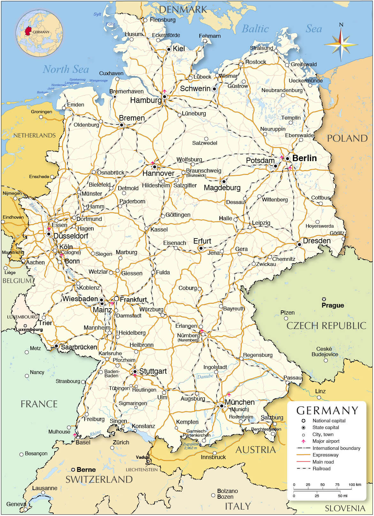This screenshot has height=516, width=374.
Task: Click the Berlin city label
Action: tap(304, 158)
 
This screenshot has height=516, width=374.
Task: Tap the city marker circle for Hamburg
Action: tap(164, 96)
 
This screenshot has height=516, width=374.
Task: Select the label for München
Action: tap(240, 402)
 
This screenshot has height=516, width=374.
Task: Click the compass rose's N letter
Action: tap(341, 25)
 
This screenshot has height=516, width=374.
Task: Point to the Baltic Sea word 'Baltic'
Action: tap(255, 29)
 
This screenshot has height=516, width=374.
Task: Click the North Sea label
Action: tap(65, 69)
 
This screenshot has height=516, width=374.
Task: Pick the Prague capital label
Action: tap(332, 305)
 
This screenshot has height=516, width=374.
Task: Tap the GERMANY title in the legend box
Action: tap(327, 410)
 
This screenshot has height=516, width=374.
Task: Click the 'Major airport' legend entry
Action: tap(326, 441)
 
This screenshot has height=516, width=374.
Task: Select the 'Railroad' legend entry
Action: tap(321, 469)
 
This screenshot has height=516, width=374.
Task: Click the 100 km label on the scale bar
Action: tap(355, 485)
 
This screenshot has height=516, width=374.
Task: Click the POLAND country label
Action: tap(347, 138)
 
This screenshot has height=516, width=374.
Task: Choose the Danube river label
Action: tap(205, 376)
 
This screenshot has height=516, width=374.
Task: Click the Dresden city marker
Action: tap(299, 245)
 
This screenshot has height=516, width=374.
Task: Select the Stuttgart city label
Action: tap(153, 371)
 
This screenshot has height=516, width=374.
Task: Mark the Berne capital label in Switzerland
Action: tap(86, 470)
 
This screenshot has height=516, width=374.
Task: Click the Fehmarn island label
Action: tap(210, 36)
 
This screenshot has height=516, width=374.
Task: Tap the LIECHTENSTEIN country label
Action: tap(142, 470)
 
